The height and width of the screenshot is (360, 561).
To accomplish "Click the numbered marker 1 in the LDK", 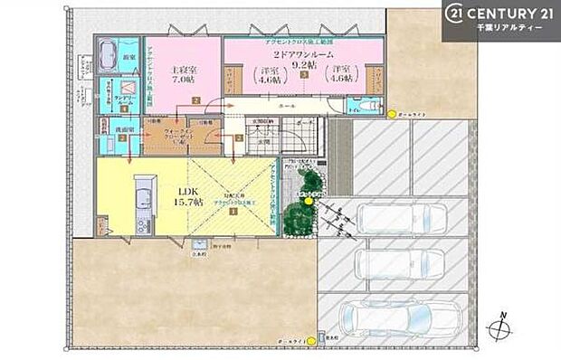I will tap(233, 212).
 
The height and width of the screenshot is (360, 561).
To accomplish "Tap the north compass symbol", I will tap(499, 328).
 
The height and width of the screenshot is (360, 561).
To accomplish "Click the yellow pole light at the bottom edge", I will tap(311, 341).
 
